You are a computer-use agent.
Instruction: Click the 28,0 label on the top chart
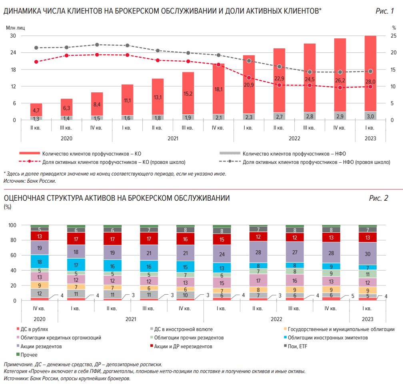370,82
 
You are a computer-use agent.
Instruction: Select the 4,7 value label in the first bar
36,111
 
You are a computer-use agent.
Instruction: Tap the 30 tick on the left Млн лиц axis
13,36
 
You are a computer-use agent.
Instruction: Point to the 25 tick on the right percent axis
393,36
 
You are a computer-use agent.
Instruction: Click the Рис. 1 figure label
385,11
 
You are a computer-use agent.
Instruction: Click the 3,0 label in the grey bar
370,117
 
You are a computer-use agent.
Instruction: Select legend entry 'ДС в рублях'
34,329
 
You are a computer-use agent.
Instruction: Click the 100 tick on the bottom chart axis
12,225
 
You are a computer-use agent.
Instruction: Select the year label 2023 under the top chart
370,138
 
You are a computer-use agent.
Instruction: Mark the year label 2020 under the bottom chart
39,319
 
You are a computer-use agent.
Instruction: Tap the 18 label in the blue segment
39,262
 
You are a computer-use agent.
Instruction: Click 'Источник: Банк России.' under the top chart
30,181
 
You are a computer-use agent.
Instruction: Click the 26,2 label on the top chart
340,80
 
